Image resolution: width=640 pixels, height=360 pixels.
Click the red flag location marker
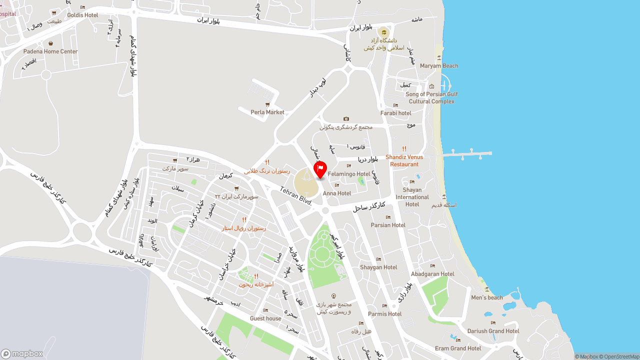pyautogui.click(x=320, y=168)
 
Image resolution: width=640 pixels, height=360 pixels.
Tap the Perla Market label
pyautogui.click(x=267, y=112)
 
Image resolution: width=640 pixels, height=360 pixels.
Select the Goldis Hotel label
pyautogui.click(x=82, y=15)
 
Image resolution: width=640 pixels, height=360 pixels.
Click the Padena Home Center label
pyautogui.click(x=50, y=51)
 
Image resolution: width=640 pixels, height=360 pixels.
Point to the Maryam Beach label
pyautogui.click(x=439, y=66)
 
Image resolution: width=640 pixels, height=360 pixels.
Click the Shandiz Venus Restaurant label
pyautogui.click(x=404, y=160)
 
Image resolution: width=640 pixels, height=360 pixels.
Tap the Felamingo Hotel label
pyautogui.click(x=349, y=174)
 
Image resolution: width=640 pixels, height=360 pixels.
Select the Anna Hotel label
pyautogui.click(x=337, y=193)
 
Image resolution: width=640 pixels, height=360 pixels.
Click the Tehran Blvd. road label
pyautogui.click(x=296, y=196)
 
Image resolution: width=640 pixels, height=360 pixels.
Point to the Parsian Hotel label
pyautogui.click(x=388, y=225)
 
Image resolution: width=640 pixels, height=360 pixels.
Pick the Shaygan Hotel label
pyautogui.click(x=378, y=267)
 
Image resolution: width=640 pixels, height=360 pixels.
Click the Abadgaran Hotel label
pyautogui.click(x=432, y=274)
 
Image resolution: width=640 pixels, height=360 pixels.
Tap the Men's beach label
pyautogui.click(x=487, y=297)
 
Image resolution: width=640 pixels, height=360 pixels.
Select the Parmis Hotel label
pyautogui.click(x=384, y=314)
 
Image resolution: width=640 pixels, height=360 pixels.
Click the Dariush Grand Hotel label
pyautogui.click(x=493, y=331)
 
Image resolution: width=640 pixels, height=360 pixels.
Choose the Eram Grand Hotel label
pyautogui.click(x=458, y=348)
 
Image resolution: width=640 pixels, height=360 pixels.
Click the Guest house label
pyautogui.click(x=265, y=318)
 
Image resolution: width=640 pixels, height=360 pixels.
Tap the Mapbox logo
pyautogui.click(x=22, y=353)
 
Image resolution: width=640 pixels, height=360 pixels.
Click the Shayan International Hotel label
pyautogui.click(x=412, y=197)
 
